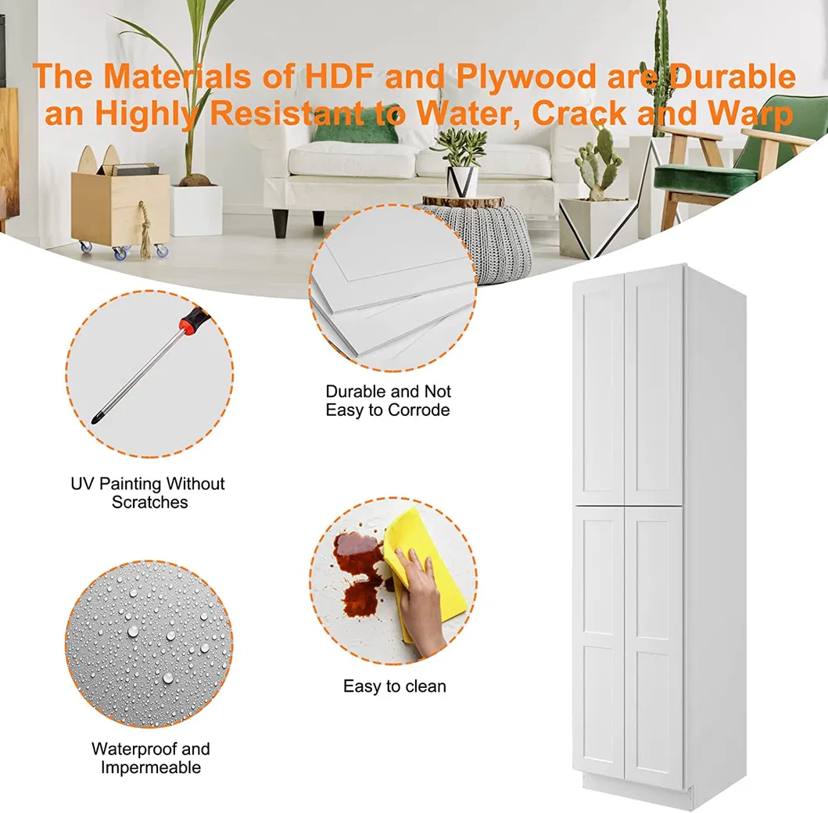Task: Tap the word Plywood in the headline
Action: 526,77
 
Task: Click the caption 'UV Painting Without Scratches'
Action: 149,492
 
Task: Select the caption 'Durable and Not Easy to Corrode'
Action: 388,401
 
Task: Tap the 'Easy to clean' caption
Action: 395,686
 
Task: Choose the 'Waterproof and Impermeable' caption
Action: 150,758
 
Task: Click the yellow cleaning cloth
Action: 422,565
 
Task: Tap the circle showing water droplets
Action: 149,644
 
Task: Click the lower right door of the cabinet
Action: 654,647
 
